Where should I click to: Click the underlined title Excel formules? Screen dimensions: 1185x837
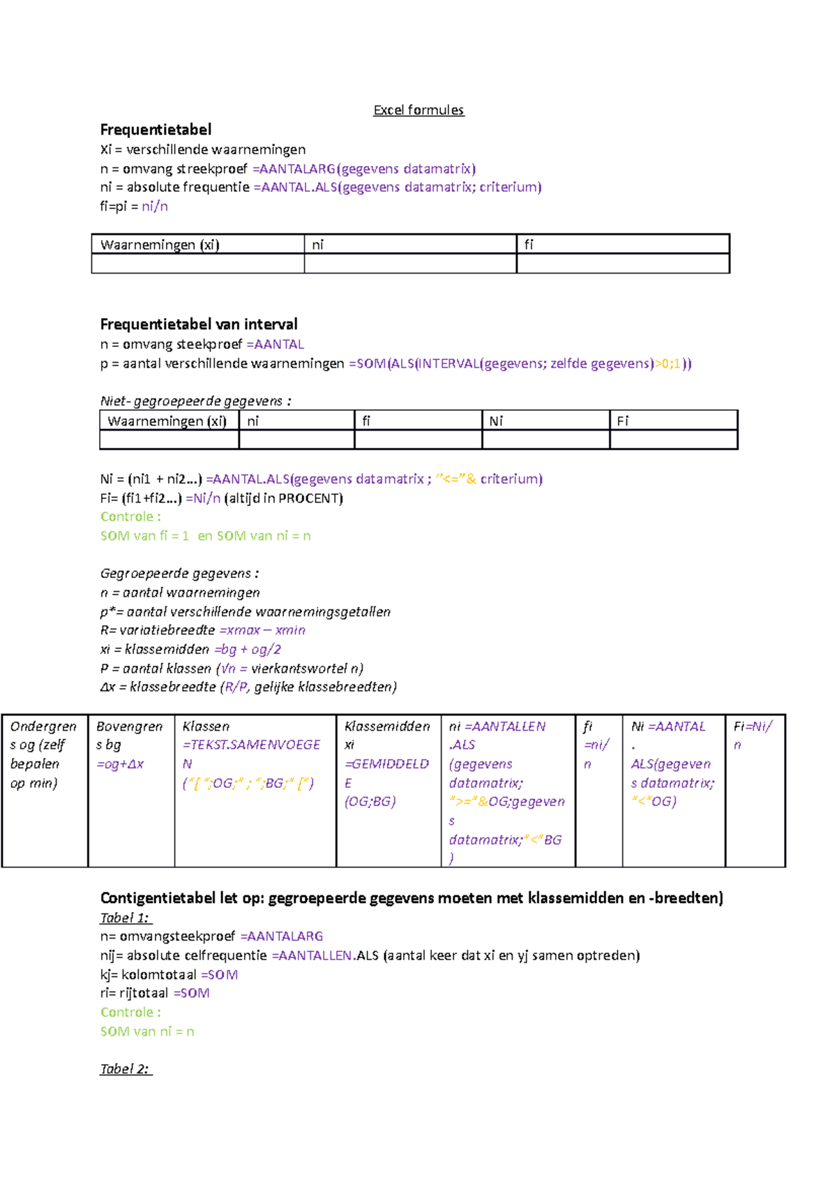tap(418, 110)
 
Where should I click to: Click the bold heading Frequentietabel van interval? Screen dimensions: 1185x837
tap(199, 325)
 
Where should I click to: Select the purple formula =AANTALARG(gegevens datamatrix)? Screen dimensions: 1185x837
tap(364, 169)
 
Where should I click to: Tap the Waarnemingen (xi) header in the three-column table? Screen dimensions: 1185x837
tap(160, 245)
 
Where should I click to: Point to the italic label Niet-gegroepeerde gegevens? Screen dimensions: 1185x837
tap(195, 401)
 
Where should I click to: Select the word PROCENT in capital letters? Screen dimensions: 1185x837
tap(310, 498)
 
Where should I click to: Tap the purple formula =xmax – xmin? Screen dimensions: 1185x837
tap(262, 630)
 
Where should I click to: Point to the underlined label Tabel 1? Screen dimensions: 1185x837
tap(125, 918)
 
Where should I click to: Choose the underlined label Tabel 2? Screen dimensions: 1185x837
tap(125, 1069)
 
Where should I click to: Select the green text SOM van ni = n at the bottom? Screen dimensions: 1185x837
tap(147, 1031)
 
